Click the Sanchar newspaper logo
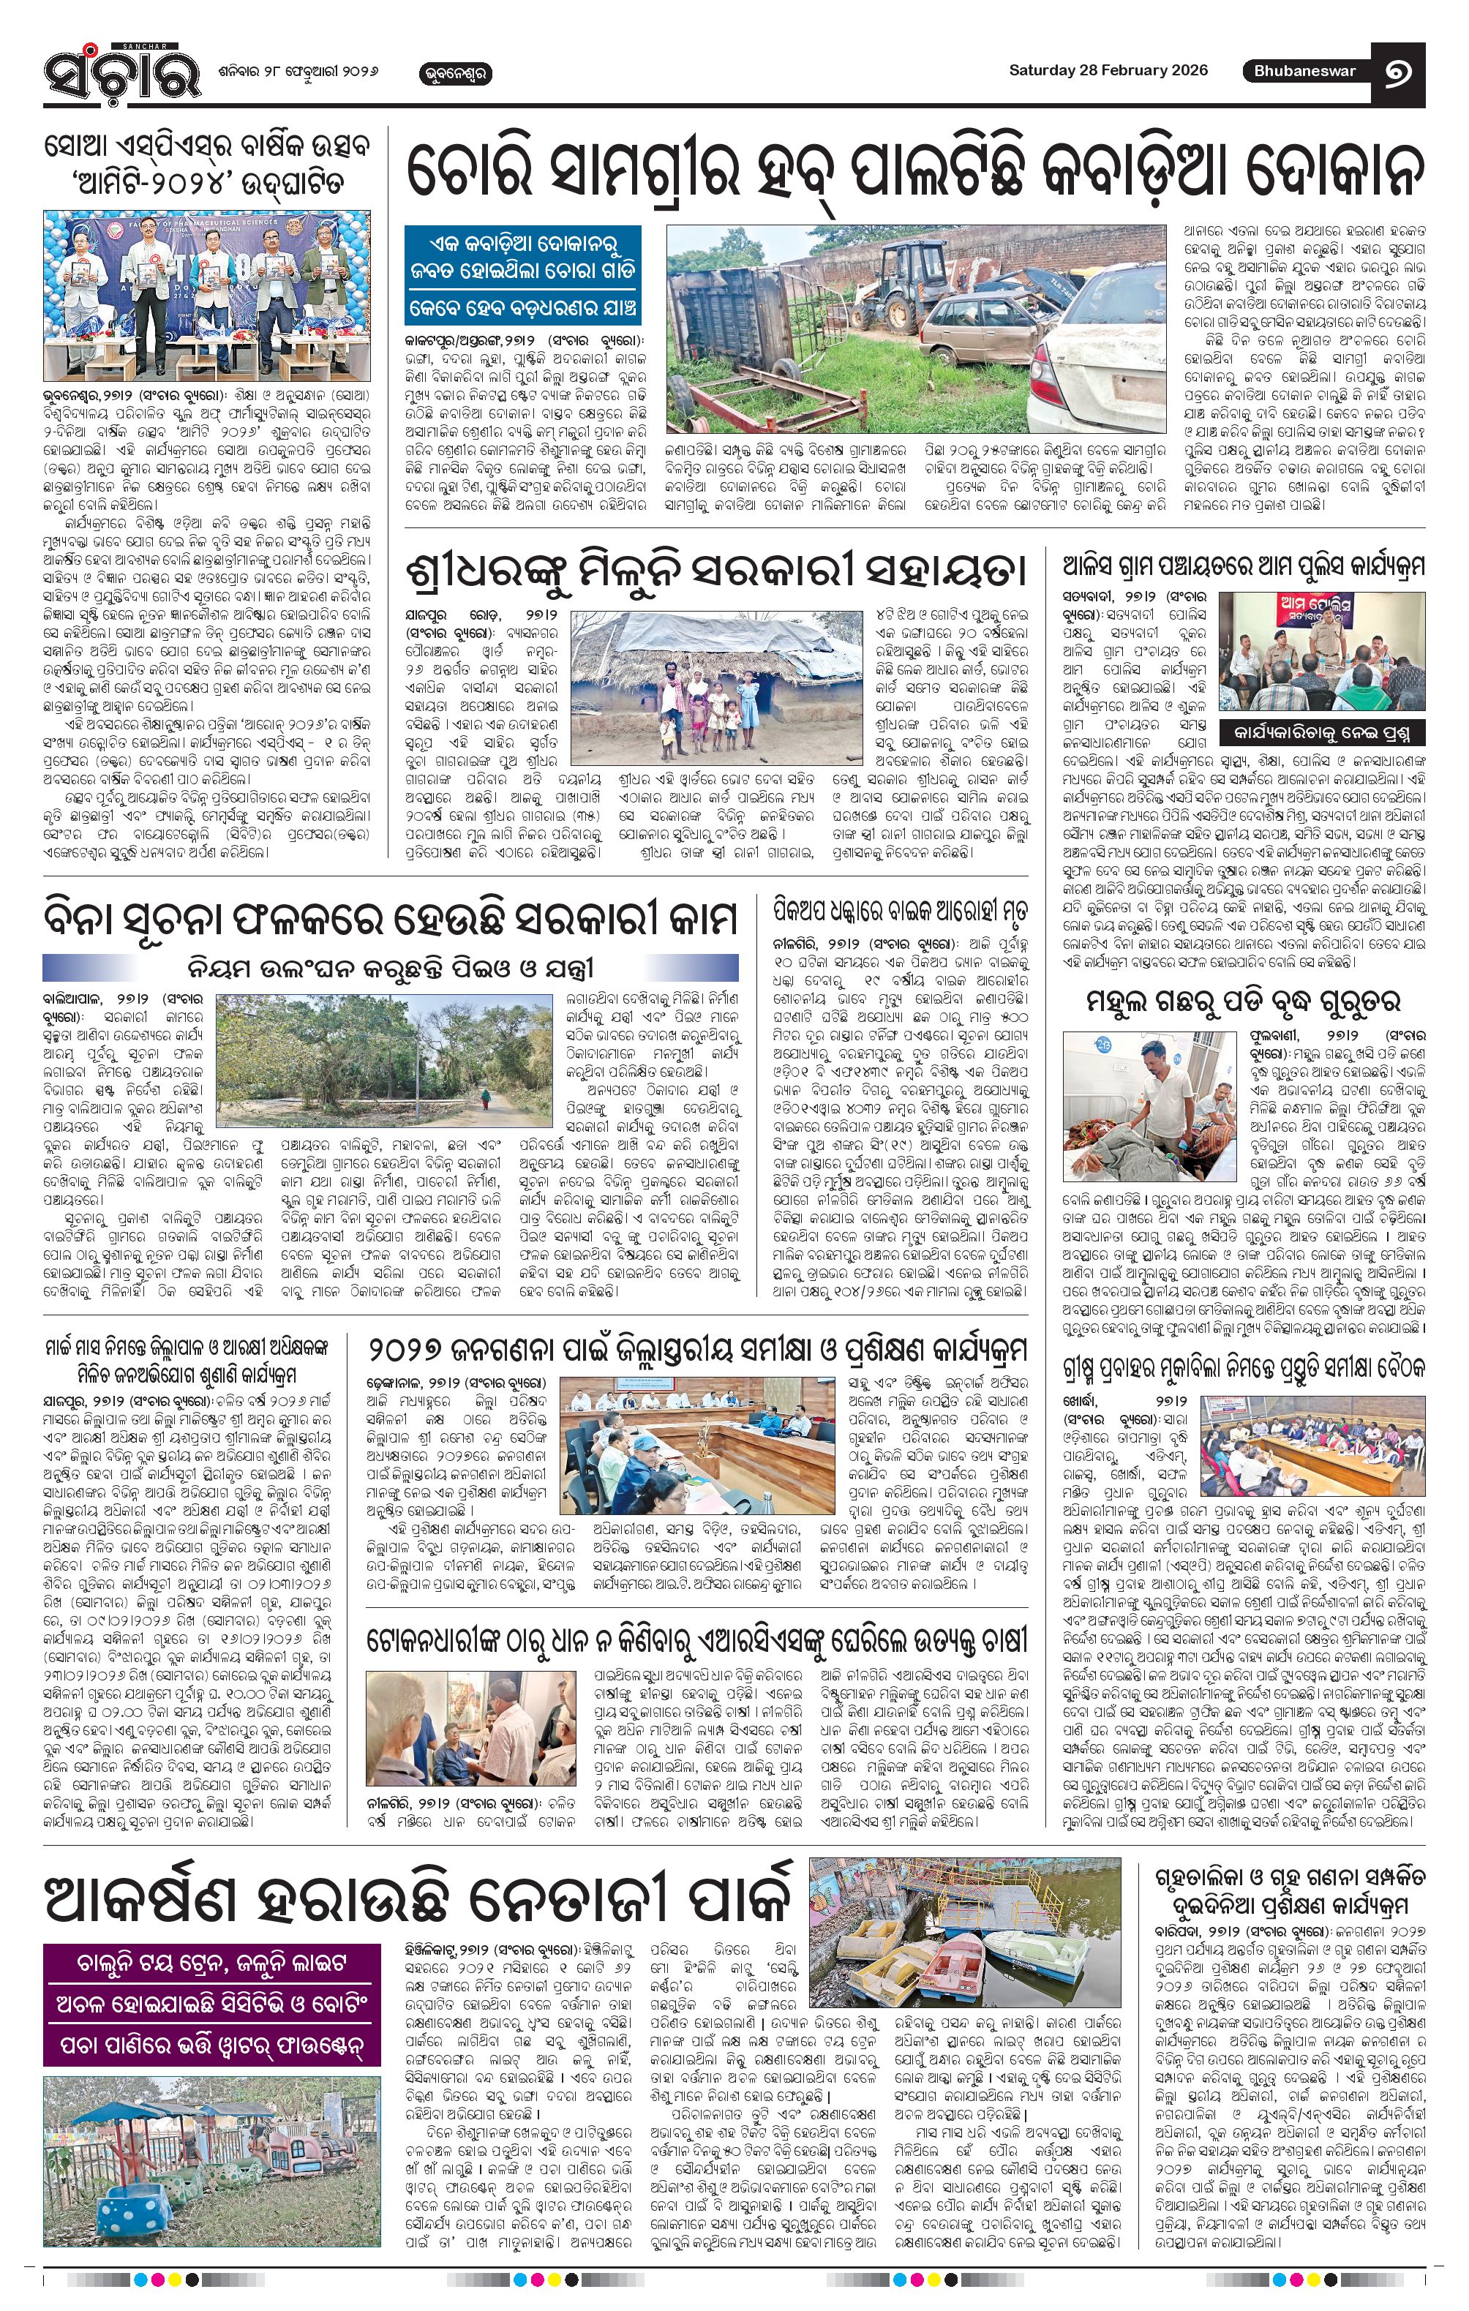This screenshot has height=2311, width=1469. point(122,74)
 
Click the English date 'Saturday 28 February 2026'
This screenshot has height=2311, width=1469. point(1108,70)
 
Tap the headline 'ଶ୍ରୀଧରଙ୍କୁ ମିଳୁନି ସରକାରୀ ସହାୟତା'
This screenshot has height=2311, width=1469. point(715,570)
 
